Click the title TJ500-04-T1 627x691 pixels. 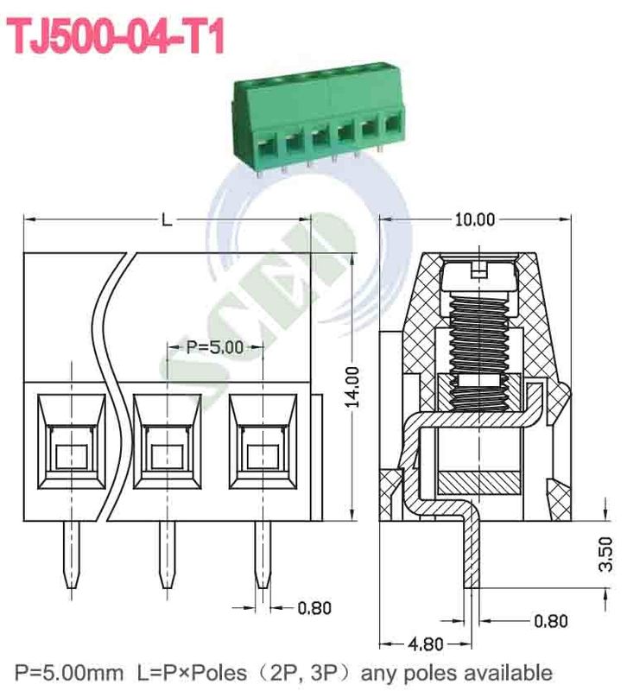coord(117,37)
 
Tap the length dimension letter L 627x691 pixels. coord(167,220)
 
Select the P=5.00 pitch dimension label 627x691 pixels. coord(213,347)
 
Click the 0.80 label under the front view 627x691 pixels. coord(314,608)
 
